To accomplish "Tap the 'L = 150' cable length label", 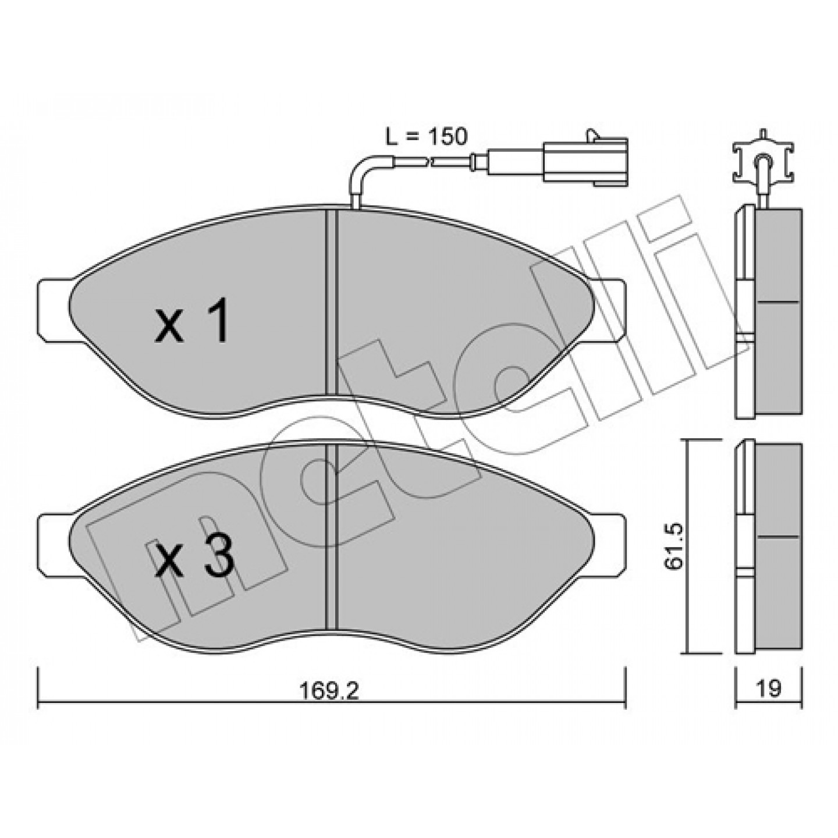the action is click(426, 137).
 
